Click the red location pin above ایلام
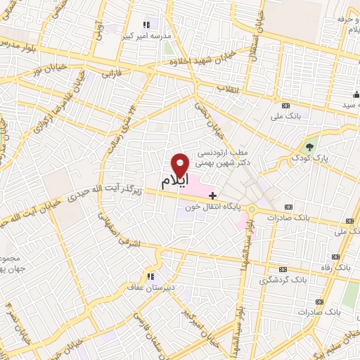181,164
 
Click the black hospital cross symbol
213,193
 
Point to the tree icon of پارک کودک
309,146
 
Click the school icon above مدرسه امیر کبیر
146,25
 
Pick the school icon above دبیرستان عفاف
150,276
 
